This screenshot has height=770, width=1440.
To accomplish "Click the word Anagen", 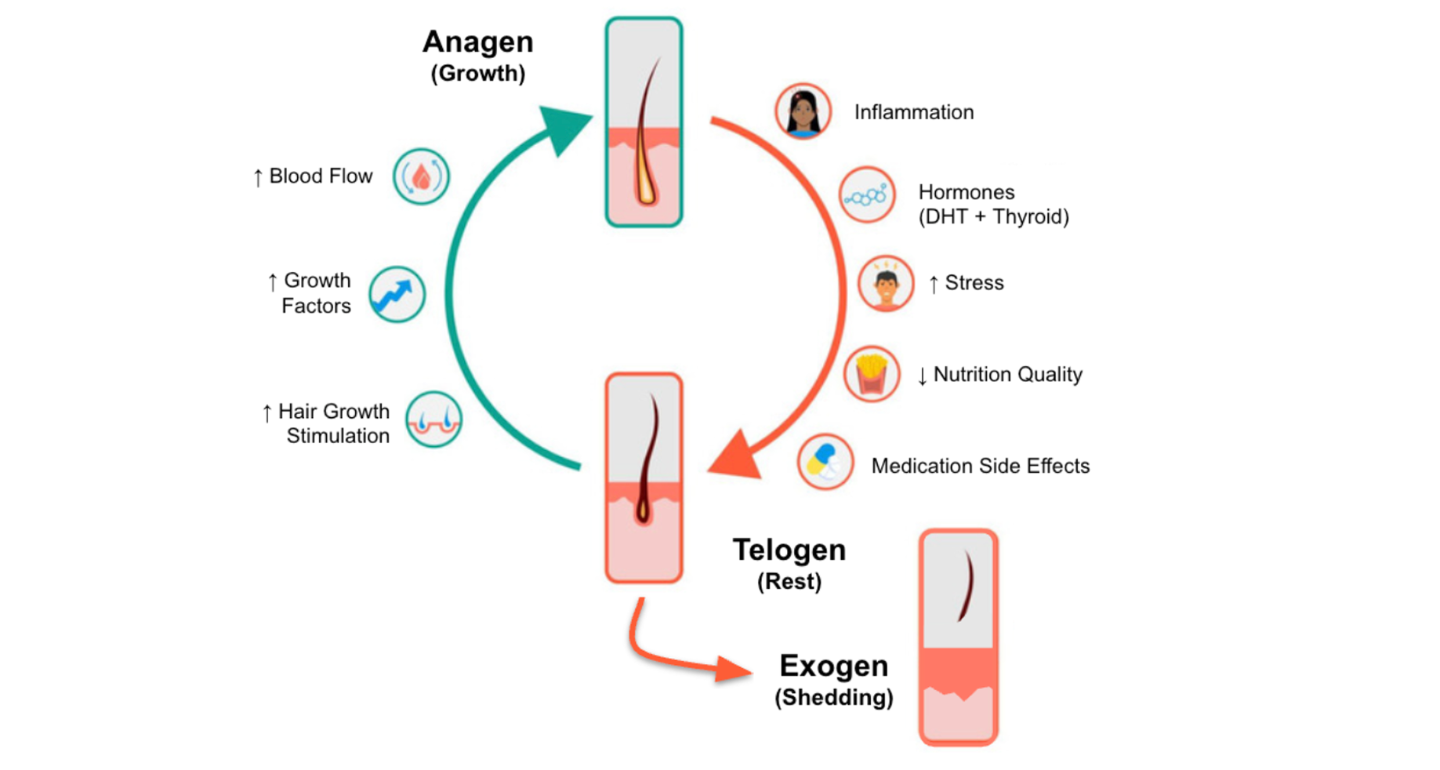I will point(477,42).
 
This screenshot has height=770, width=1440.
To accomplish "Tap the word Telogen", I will point(789,550).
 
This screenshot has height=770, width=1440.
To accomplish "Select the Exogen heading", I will point(833,666).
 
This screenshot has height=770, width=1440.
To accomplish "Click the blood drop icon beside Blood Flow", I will point(422,177).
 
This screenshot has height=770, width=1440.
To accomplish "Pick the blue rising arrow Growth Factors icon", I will point(397,295).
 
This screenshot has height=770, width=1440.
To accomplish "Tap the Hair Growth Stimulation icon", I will point(433,420).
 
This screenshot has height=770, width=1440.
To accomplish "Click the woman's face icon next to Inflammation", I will point(803,111).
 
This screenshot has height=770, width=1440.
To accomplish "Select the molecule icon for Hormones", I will point(867,195).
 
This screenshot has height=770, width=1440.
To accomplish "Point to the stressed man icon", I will point(885,284).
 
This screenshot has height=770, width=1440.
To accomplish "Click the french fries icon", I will point(871,374).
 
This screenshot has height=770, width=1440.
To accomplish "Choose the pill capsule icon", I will point(825,462).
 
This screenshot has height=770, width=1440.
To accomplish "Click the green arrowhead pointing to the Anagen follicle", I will point(565,128).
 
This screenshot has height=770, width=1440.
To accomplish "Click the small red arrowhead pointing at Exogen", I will point(732,670).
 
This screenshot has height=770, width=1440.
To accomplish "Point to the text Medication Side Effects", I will point(980,467).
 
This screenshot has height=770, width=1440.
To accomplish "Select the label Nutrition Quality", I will point(1007,375).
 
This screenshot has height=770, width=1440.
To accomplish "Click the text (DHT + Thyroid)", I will point(993,217).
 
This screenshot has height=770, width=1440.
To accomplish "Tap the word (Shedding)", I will point(833,698).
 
